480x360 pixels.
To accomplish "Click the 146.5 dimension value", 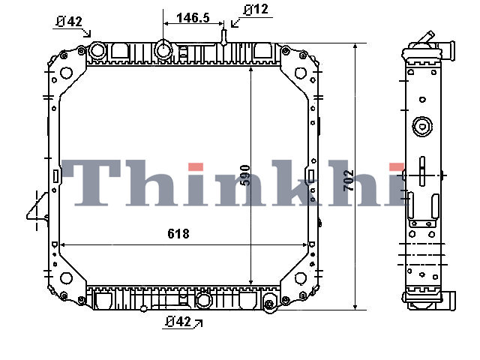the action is click(193, 18).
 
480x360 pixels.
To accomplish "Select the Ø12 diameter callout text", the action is click(256, 10).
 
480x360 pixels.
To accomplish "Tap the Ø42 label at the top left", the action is click(70, 22).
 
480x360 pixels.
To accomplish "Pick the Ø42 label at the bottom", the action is click(178, 322).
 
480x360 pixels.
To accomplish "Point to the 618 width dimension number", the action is click(178, 234).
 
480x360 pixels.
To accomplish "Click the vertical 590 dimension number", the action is click(245, 175).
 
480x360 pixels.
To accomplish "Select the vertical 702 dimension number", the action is click(348, 181).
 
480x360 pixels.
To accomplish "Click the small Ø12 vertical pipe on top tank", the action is click(223, 37).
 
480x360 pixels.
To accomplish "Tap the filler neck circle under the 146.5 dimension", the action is click(163, 49).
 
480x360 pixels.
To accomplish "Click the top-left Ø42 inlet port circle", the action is click(97, 50).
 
